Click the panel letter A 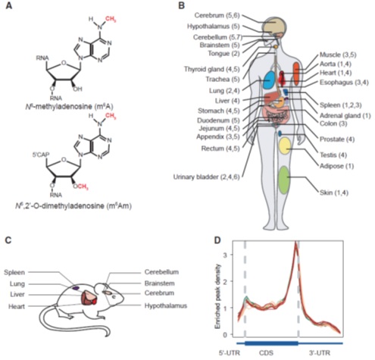8,5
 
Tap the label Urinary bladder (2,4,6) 206,177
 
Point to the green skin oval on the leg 284,180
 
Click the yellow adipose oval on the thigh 285,146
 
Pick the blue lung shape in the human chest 269,80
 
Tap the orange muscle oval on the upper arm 296,74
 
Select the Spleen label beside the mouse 14,272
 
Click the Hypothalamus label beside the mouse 166,306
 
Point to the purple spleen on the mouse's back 76,287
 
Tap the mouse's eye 114,297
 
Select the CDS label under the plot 266,352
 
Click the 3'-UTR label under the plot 320,352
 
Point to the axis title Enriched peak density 217,296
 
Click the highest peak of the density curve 295,242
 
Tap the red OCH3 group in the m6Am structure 80,187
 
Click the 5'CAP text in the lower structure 40,155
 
